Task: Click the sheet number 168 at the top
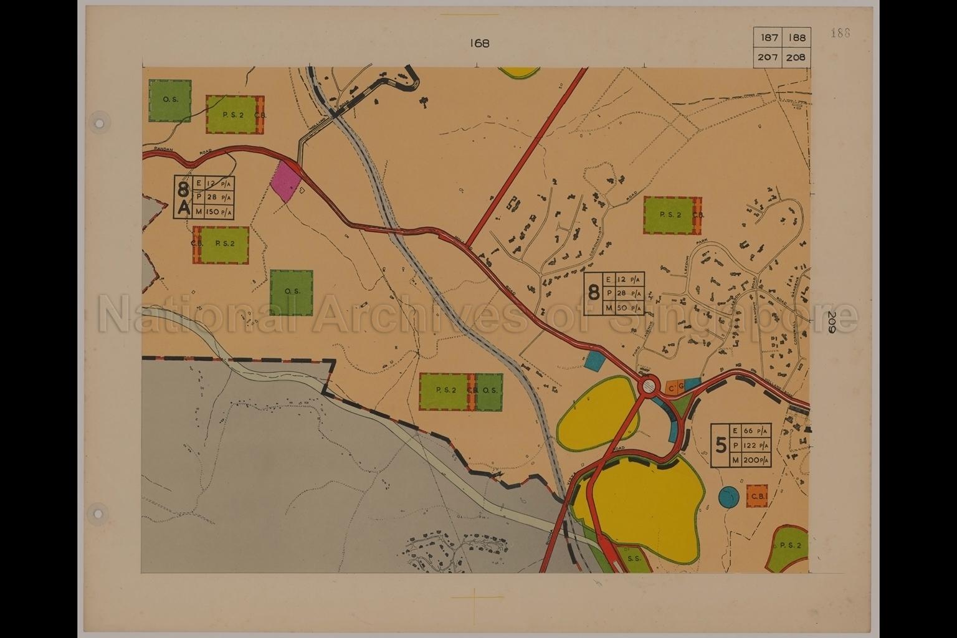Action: [480, 43]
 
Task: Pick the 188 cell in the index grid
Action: [797, 38]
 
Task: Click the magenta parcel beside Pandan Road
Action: [286, 181]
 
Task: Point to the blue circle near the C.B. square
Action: [728, 497]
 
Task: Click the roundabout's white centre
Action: [649, 387]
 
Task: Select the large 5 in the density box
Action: [721, 445]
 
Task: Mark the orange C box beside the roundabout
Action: [672, 389]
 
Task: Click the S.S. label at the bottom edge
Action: [634, 559]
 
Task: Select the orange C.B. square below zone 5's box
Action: [757, 496]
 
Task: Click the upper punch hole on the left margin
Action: [98, 122]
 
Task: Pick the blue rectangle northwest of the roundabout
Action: [596, 359]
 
